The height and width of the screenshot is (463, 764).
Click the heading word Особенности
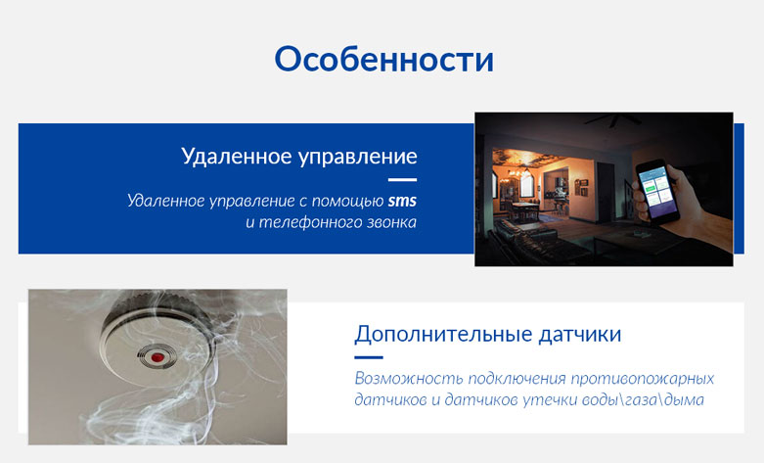pyautogui.click(x=383, y=60)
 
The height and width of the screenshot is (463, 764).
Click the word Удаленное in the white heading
pyautogui.click(x=236, y=157)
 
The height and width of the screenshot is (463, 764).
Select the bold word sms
pyautogui.click(x=402, y=201)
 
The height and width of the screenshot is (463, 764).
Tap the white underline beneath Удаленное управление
pyautogui.click(x=402, y=180)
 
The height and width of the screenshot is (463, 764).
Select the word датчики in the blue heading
pyautogui.click(x=580, y=335)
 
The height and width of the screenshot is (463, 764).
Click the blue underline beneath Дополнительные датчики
pyautogui.click(x=369, y=357)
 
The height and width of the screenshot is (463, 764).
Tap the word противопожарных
pyautogui.click(x=643, y=379)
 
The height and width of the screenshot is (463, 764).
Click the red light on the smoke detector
pyautogui.click(x=157, y=357)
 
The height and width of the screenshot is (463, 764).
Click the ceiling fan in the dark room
pyautogui.click(x=608, y=119)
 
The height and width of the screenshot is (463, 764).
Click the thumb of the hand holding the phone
pyautogui.click(x=640, y=195)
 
